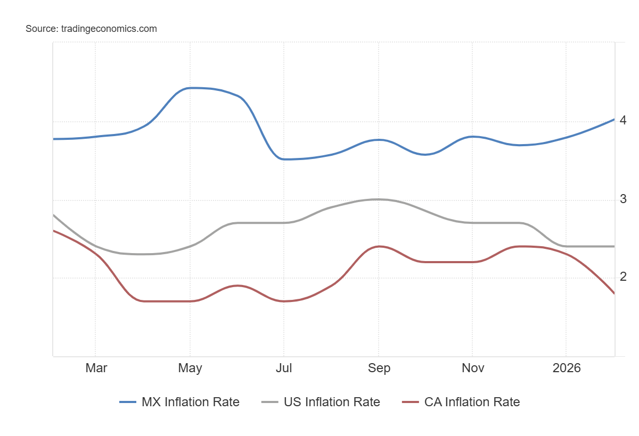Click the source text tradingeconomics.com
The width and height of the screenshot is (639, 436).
coord(91,29)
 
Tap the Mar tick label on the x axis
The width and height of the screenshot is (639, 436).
coord(96,368)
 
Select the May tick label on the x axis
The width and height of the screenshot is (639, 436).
coord(190,368)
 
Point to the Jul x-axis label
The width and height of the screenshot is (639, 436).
coord(284,368)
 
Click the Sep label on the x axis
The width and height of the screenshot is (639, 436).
coord(379,368)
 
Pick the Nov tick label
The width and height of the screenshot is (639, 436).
coord(473,368)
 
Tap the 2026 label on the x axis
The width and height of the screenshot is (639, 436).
coord(567,368)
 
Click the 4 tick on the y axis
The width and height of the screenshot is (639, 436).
coord(623,120)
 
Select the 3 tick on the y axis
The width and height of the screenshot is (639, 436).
coord(623,199)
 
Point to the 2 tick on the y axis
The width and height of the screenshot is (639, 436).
coord(623,276)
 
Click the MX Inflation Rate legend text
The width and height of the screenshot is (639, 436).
coord(190,402)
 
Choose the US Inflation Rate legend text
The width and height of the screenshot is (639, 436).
coord(332,402)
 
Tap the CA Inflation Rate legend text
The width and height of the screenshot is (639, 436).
coord(472,402)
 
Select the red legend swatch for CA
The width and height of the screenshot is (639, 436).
coord(411,403)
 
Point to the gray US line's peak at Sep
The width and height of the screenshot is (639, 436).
coord(378,199)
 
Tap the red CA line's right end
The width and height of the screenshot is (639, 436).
coord(614,293)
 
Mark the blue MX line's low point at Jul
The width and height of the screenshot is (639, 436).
coord(284,159)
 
